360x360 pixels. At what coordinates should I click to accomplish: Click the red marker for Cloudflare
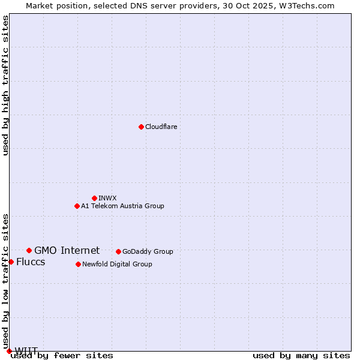tap(141, 127)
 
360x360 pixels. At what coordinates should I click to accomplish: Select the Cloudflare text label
tap(161, 127)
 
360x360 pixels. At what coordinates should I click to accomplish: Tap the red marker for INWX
tap(94, 198)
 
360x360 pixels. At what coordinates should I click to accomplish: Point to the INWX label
tap(107, 198)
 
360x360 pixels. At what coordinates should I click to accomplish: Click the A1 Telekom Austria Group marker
tap(77, 206)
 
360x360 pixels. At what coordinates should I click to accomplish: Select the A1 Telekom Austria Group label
tap(122, 206)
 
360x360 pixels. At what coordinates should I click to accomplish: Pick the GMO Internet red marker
tap(29, 250)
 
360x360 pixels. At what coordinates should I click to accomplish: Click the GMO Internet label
tap(67, 251)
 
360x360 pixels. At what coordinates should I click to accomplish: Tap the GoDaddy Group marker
tap(118, 251)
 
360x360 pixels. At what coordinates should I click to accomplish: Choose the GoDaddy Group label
tap(148, 251)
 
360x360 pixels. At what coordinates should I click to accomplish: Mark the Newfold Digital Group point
tap(78, 264)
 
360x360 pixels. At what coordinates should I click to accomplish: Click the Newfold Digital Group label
tap(117, 264)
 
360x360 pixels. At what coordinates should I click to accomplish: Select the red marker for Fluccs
tap(11, 262)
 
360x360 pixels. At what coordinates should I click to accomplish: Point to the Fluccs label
tap(31, 262)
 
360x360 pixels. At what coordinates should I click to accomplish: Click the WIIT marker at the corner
tap(9, 351)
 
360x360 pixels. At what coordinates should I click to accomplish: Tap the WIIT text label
tap(26, 350)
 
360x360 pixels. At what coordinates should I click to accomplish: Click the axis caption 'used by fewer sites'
tap(62, 356)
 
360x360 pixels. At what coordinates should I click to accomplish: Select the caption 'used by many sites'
tap(301, 356)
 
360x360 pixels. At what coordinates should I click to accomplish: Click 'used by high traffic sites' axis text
tap(5, 85)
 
